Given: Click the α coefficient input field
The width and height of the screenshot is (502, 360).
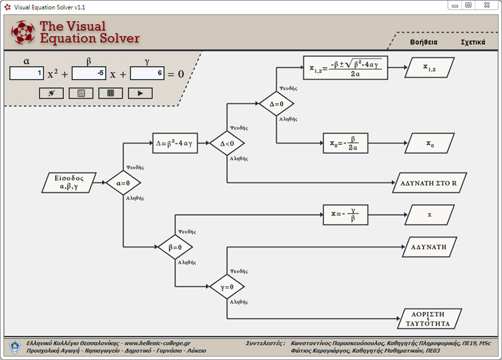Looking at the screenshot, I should point(27,73).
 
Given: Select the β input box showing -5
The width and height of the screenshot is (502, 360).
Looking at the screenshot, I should point(89,73).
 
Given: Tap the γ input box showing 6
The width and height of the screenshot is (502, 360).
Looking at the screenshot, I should point(146,73).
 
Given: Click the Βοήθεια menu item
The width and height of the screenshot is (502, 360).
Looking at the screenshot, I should point(423,42).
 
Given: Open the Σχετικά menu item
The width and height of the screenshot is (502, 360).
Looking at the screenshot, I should point(473,42).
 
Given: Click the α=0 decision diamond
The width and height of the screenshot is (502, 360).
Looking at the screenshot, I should point(123,183).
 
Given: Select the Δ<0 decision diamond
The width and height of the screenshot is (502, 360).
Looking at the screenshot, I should point(227,143).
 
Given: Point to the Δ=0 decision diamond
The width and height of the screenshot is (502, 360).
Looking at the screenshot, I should point(276,103).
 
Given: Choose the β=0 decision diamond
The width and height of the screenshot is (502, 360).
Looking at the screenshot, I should point(175,247).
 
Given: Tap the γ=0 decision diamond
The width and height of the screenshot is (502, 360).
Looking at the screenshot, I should point(227,287).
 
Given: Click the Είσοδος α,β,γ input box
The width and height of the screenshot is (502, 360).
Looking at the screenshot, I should point(70,183).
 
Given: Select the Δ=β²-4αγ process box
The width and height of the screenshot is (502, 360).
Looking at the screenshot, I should point(175,143).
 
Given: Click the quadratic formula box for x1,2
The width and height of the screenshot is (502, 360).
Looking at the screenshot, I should point(345,68).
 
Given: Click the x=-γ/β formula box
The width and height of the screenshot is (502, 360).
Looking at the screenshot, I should point(345,215).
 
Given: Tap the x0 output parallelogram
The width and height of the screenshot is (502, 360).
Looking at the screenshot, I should point(429,143).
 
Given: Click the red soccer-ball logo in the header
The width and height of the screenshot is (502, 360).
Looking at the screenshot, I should point(23,33).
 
